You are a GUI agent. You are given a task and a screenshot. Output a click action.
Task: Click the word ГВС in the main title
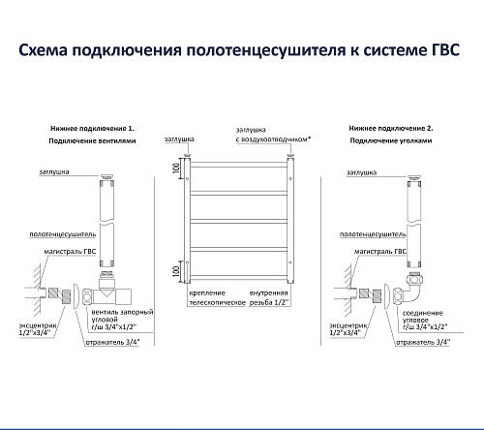445,50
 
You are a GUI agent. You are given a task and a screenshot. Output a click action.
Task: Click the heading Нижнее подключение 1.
92,129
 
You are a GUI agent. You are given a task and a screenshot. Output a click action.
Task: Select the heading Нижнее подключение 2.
391,129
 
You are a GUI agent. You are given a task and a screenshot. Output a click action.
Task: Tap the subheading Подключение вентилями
92,141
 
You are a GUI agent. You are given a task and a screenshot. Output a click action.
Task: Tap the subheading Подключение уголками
391,140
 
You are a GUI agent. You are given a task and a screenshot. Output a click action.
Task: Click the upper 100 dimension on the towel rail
176,168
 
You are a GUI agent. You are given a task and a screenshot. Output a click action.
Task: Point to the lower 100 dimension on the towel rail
176,271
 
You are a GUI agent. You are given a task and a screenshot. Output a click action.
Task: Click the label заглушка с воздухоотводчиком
273,135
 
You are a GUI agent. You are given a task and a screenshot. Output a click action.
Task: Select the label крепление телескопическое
217,298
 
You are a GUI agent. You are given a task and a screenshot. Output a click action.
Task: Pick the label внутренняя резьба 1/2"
269,298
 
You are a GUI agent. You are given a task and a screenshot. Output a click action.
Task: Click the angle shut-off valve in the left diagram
106,290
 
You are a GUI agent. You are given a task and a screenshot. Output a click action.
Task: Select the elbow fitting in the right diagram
408,290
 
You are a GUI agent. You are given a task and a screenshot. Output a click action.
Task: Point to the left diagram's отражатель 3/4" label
112,342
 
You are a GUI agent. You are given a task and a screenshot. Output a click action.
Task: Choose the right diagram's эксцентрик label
348,329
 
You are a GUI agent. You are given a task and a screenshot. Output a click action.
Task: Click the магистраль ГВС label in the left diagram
70,252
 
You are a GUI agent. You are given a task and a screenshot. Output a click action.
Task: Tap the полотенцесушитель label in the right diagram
373,234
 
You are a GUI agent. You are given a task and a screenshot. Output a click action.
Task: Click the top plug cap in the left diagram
106,176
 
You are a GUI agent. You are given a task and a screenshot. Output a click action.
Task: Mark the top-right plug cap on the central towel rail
290,156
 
